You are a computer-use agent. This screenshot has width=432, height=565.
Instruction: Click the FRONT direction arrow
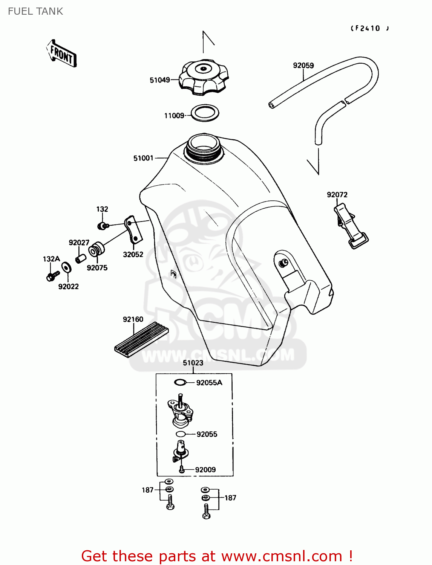coord(61,54)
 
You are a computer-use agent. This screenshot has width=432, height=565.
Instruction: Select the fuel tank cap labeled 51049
coord(204,78)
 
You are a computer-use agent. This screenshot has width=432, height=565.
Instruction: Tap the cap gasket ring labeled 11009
coord(205,113)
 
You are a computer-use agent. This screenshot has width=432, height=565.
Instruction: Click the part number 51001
coord(143,158)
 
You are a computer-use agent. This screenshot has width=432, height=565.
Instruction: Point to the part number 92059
coord(303,66)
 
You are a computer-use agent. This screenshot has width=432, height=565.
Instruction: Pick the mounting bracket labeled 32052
coord(133,230)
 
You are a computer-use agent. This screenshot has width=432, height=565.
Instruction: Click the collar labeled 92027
coord(81,259)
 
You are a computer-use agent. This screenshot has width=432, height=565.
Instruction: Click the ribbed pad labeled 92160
coord(141,339)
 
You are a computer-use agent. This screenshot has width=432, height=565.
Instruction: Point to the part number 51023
coord(193,363)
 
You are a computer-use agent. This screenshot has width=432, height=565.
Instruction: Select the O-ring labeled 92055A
coord(180,382)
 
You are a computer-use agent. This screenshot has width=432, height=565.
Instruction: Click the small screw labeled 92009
coord(182,469)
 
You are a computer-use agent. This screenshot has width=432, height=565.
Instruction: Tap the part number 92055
coord(207,434)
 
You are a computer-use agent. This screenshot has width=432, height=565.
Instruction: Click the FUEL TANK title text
coord(35,11)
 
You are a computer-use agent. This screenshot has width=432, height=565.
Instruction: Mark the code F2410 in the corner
coord(369,28)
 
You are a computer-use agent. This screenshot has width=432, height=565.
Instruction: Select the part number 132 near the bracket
coord(102,209)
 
